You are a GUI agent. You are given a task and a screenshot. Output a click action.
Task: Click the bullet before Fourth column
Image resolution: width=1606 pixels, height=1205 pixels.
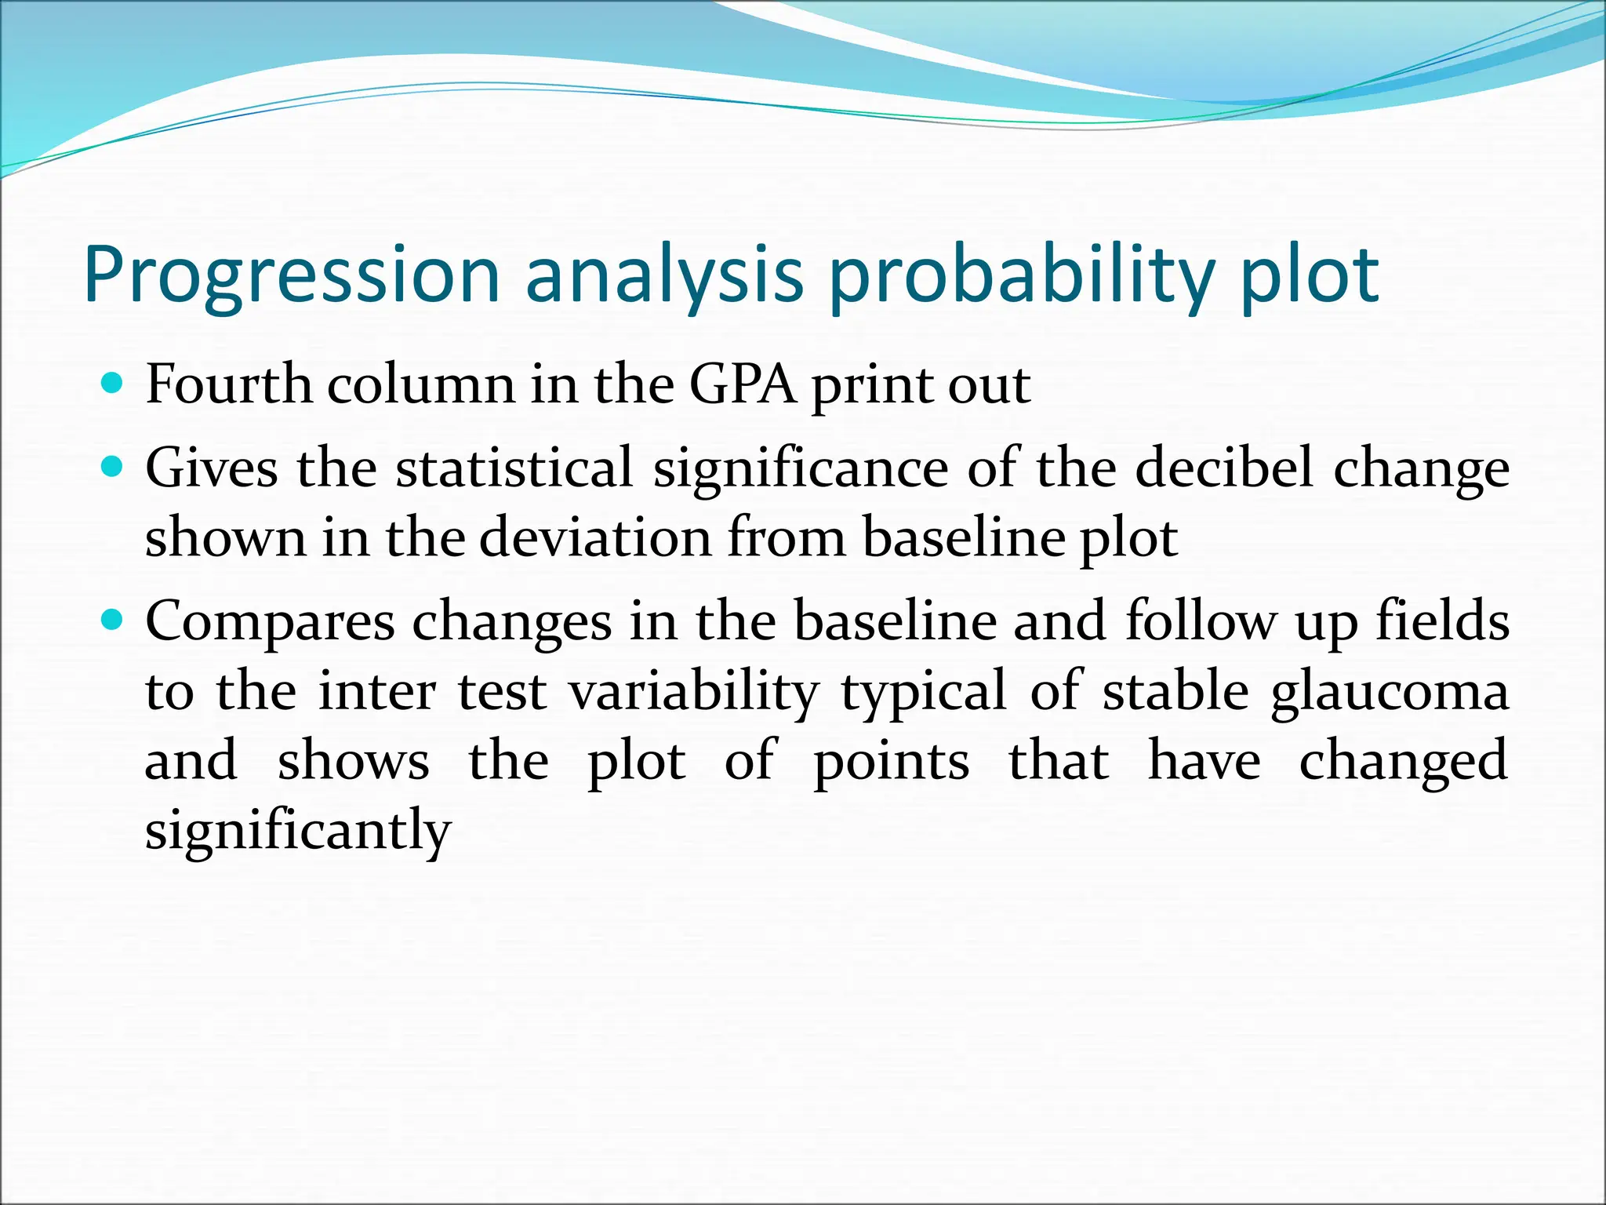114,384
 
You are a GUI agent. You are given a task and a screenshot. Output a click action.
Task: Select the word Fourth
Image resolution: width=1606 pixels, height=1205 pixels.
228,385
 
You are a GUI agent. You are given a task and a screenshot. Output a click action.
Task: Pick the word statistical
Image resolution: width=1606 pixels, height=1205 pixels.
514,468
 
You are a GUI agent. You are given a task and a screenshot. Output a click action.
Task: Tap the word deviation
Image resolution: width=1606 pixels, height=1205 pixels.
594,538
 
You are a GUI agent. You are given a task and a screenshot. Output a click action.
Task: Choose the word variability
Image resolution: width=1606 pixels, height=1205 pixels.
694,692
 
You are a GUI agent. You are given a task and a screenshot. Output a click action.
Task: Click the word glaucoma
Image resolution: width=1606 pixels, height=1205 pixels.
1390,692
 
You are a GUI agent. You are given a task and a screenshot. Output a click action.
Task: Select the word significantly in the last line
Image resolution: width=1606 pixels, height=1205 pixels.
298,831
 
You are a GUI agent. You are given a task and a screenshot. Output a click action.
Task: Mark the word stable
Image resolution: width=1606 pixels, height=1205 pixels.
1175,692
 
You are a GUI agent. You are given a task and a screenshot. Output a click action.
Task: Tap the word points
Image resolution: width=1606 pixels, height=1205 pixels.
891,762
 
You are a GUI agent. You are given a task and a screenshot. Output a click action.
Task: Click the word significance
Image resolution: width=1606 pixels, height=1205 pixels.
801,468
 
